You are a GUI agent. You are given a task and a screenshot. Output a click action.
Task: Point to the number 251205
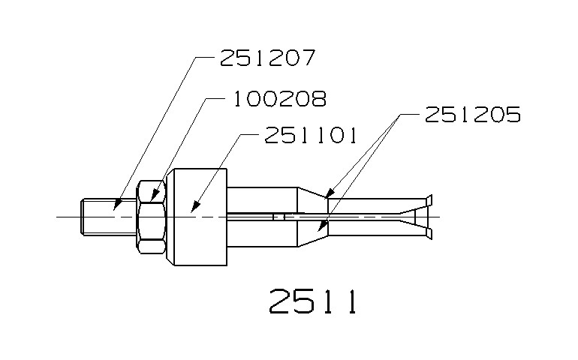click(472, 115)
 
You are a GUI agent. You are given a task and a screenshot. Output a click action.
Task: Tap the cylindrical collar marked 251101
click(197, 217)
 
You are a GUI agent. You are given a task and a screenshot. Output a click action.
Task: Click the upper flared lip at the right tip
click(428, 199)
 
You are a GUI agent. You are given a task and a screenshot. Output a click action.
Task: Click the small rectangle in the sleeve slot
click(278, 217)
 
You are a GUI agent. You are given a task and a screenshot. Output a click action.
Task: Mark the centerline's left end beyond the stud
click(59, 217)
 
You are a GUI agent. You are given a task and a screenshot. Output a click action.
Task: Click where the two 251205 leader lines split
click(399, 115)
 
